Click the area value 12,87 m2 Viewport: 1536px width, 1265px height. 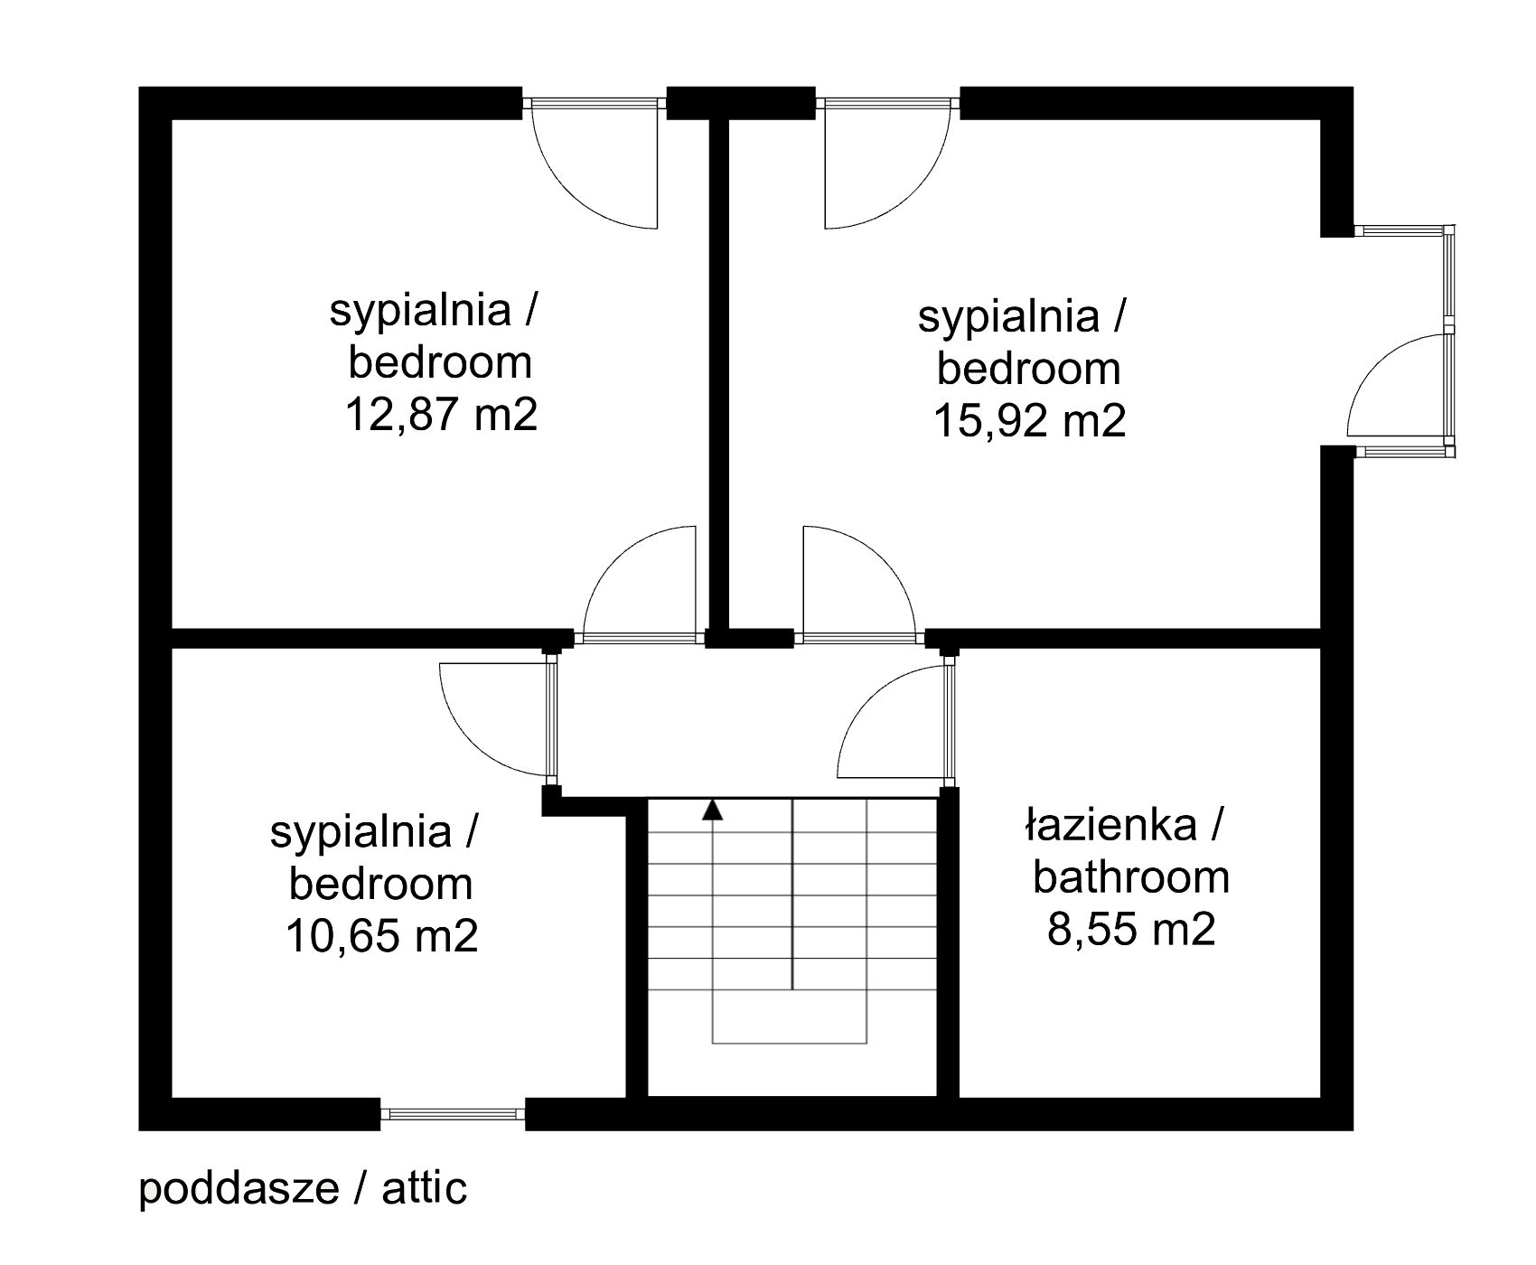[441, 416]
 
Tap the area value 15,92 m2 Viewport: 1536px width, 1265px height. [1029, 421]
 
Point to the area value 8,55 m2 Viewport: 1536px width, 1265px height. [1131, 929]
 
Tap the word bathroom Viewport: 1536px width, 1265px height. [1131, 877]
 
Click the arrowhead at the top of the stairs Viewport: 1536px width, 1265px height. [714, 810]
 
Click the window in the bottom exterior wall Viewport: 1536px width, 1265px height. [453, 1114]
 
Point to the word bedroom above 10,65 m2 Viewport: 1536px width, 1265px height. [380, 884]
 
